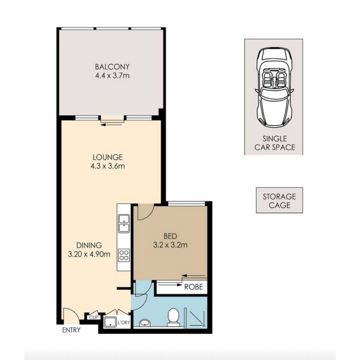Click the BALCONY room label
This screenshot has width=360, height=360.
click(x=112, y=67)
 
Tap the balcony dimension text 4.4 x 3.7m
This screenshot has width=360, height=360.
click(x=112, y=76)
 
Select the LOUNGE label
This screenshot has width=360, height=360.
click(x=108, y=157)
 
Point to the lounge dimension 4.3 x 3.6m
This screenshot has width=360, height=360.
click(x=108, y=166)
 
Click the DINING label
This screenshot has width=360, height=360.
click(x=89, y=245)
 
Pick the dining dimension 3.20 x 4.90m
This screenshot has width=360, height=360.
click(x=89, y=254)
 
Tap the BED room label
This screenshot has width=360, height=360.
click(x=171, y=236)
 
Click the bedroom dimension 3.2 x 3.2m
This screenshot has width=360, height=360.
click(x=171, y=245)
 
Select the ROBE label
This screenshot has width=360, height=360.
click(x=194, y=287)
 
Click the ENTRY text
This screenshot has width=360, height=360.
click(x=72, y=330)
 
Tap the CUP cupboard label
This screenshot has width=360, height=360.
click(x=94, y=317)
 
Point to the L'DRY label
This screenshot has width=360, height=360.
click(x=123, y=322)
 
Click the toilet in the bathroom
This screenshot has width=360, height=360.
click(x=173, y=317)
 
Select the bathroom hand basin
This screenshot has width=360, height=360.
click(x=145, y=323)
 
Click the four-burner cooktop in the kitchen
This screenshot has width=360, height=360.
click(x=124, y=255)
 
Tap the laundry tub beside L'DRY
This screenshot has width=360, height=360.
click(x=110, y=322)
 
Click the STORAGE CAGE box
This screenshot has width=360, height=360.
click(x=279, y=200)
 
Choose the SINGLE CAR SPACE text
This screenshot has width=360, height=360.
click(x=275, y=143)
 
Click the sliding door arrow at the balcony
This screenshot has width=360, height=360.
click(x=111, y=125)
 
